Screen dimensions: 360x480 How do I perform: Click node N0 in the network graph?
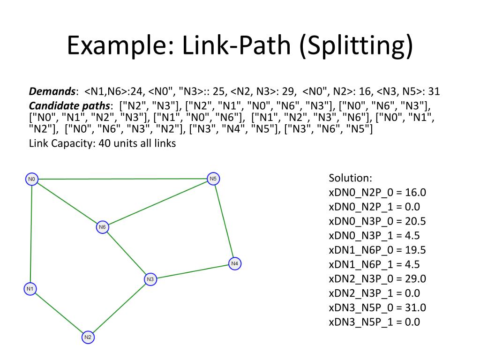coord(31,179)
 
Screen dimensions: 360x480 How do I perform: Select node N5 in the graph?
coord(213,179)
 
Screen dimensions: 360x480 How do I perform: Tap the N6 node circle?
coord(103,227)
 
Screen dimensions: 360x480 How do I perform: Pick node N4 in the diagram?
coord(235,264)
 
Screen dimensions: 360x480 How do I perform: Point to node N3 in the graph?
coord(150,279)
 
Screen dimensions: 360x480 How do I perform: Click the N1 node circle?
coord(30,289)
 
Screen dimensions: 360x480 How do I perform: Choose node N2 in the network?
coord(88,337)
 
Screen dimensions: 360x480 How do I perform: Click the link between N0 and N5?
coord(122,179)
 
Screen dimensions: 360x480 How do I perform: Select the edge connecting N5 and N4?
coord(224,221)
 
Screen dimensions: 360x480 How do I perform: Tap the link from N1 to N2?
coord(59,313)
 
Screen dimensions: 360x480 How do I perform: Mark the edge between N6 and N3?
coord(127,254)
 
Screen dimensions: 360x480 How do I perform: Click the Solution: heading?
coord(350,178)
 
